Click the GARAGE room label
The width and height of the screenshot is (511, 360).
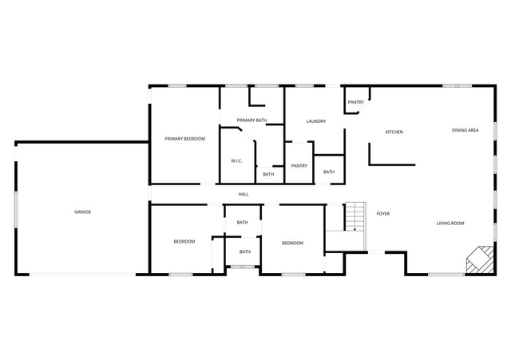(x=83, y=212)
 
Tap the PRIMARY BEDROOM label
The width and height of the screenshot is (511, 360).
(x=184, y=139)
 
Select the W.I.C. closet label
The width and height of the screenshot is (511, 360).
(x=236, y=161)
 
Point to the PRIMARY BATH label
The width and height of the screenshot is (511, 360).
(x=252, y=121)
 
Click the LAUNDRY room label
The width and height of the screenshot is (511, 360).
(x=316, y=121)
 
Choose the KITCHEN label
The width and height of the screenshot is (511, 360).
(x=394, y=132)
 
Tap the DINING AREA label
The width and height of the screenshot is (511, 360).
(x=465, y=130)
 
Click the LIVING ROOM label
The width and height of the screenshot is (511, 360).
(x=450, y=224)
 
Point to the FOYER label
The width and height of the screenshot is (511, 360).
(x=383, y=214)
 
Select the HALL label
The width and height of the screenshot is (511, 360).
(x=244, y=194)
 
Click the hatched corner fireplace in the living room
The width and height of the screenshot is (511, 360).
(x=480, y=259)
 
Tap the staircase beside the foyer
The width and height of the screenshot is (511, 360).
(x=355, y=216)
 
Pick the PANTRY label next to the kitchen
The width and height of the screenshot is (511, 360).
(x=356, y=102)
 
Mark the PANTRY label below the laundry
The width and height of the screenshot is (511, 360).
(x=299, y=166)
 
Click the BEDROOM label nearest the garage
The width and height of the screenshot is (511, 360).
(x=184, y=241)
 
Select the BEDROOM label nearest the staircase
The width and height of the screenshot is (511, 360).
(x=292, y=243)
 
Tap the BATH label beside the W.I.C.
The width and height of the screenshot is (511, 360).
(x=268, y=174)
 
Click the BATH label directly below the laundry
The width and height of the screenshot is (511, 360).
(x=329, y=172)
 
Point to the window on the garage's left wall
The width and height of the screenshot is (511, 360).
(x=15, y=209)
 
